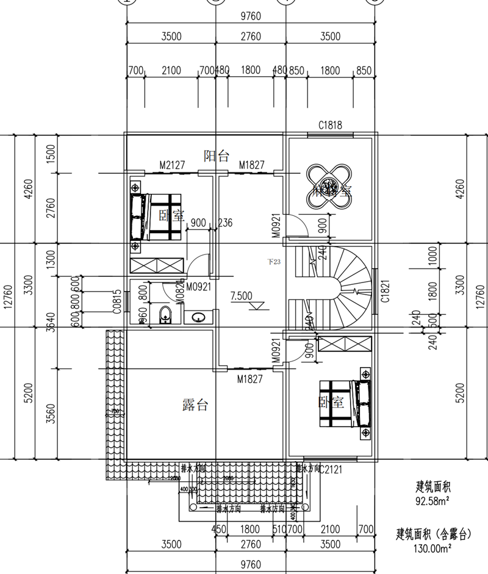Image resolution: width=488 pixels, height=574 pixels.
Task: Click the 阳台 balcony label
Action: [x=216, y=156]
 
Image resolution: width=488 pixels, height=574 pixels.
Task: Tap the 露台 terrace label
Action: [x=195, y=404]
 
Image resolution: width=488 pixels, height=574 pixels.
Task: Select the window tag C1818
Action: [x=329, y=126]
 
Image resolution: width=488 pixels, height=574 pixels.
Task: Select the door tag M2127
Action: [x=172, y=165]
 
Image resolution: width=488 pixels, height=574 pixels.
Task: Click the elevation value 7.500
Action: [x=241, y=296]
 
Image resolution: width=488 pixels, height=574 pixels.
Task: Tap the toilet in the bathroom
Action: [x=165, y=315]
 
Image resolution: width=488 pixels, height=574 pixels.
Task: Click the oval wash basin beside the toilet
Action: [x=199, y=317]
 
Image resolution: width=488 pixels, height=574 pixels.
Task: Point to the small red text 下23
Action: [x=274, y=262]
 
